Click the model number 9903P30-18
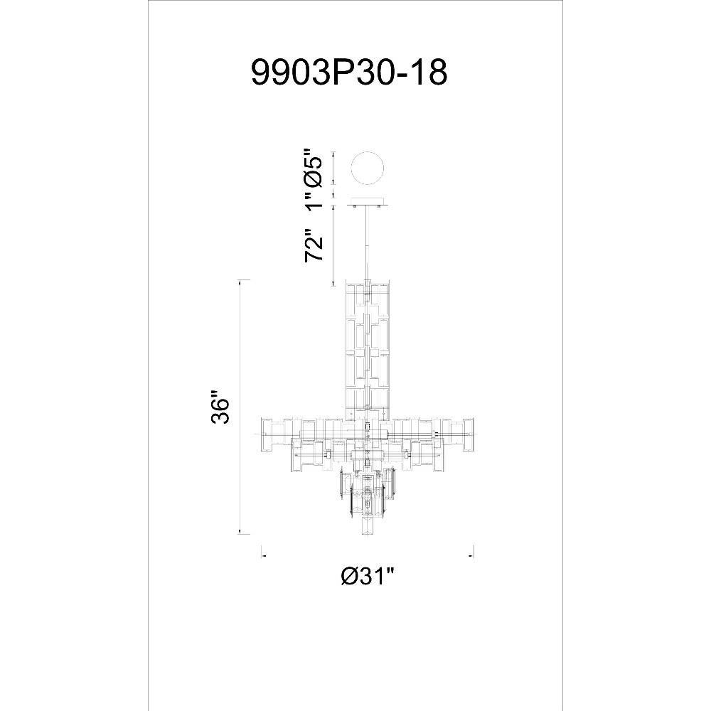pyautogui.click(x=349, y=73)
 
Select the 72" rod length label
pyautogui.click(x=314, y=245)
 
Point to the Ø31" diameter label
pyautogui.click(x=368, y=577)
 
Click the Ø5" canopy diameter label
pyautogui.click(x=314, y=166)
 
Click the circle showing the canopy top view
pyautogui.click(x=368, y=169)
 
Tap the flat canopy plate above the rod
pyautogui.click(x=368, y=202)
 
